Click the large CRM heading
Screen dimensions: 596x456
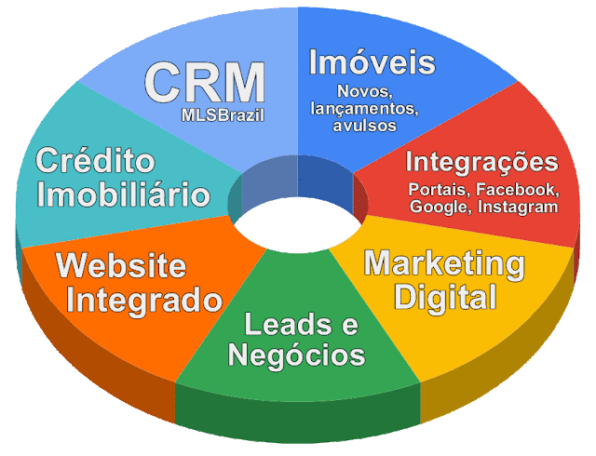click(204, 84)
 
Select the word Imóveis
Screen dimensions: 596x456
click(372, 62)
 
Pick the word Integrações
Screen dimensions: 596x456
click(481, 163)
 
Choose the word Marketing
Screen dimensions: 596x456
click(443, 263)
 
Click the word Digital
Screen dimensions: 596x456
click(443, 298)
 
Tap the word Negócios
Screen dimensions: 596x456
click(296, 355)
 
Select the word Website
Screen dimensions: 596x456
click(121, 267)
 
